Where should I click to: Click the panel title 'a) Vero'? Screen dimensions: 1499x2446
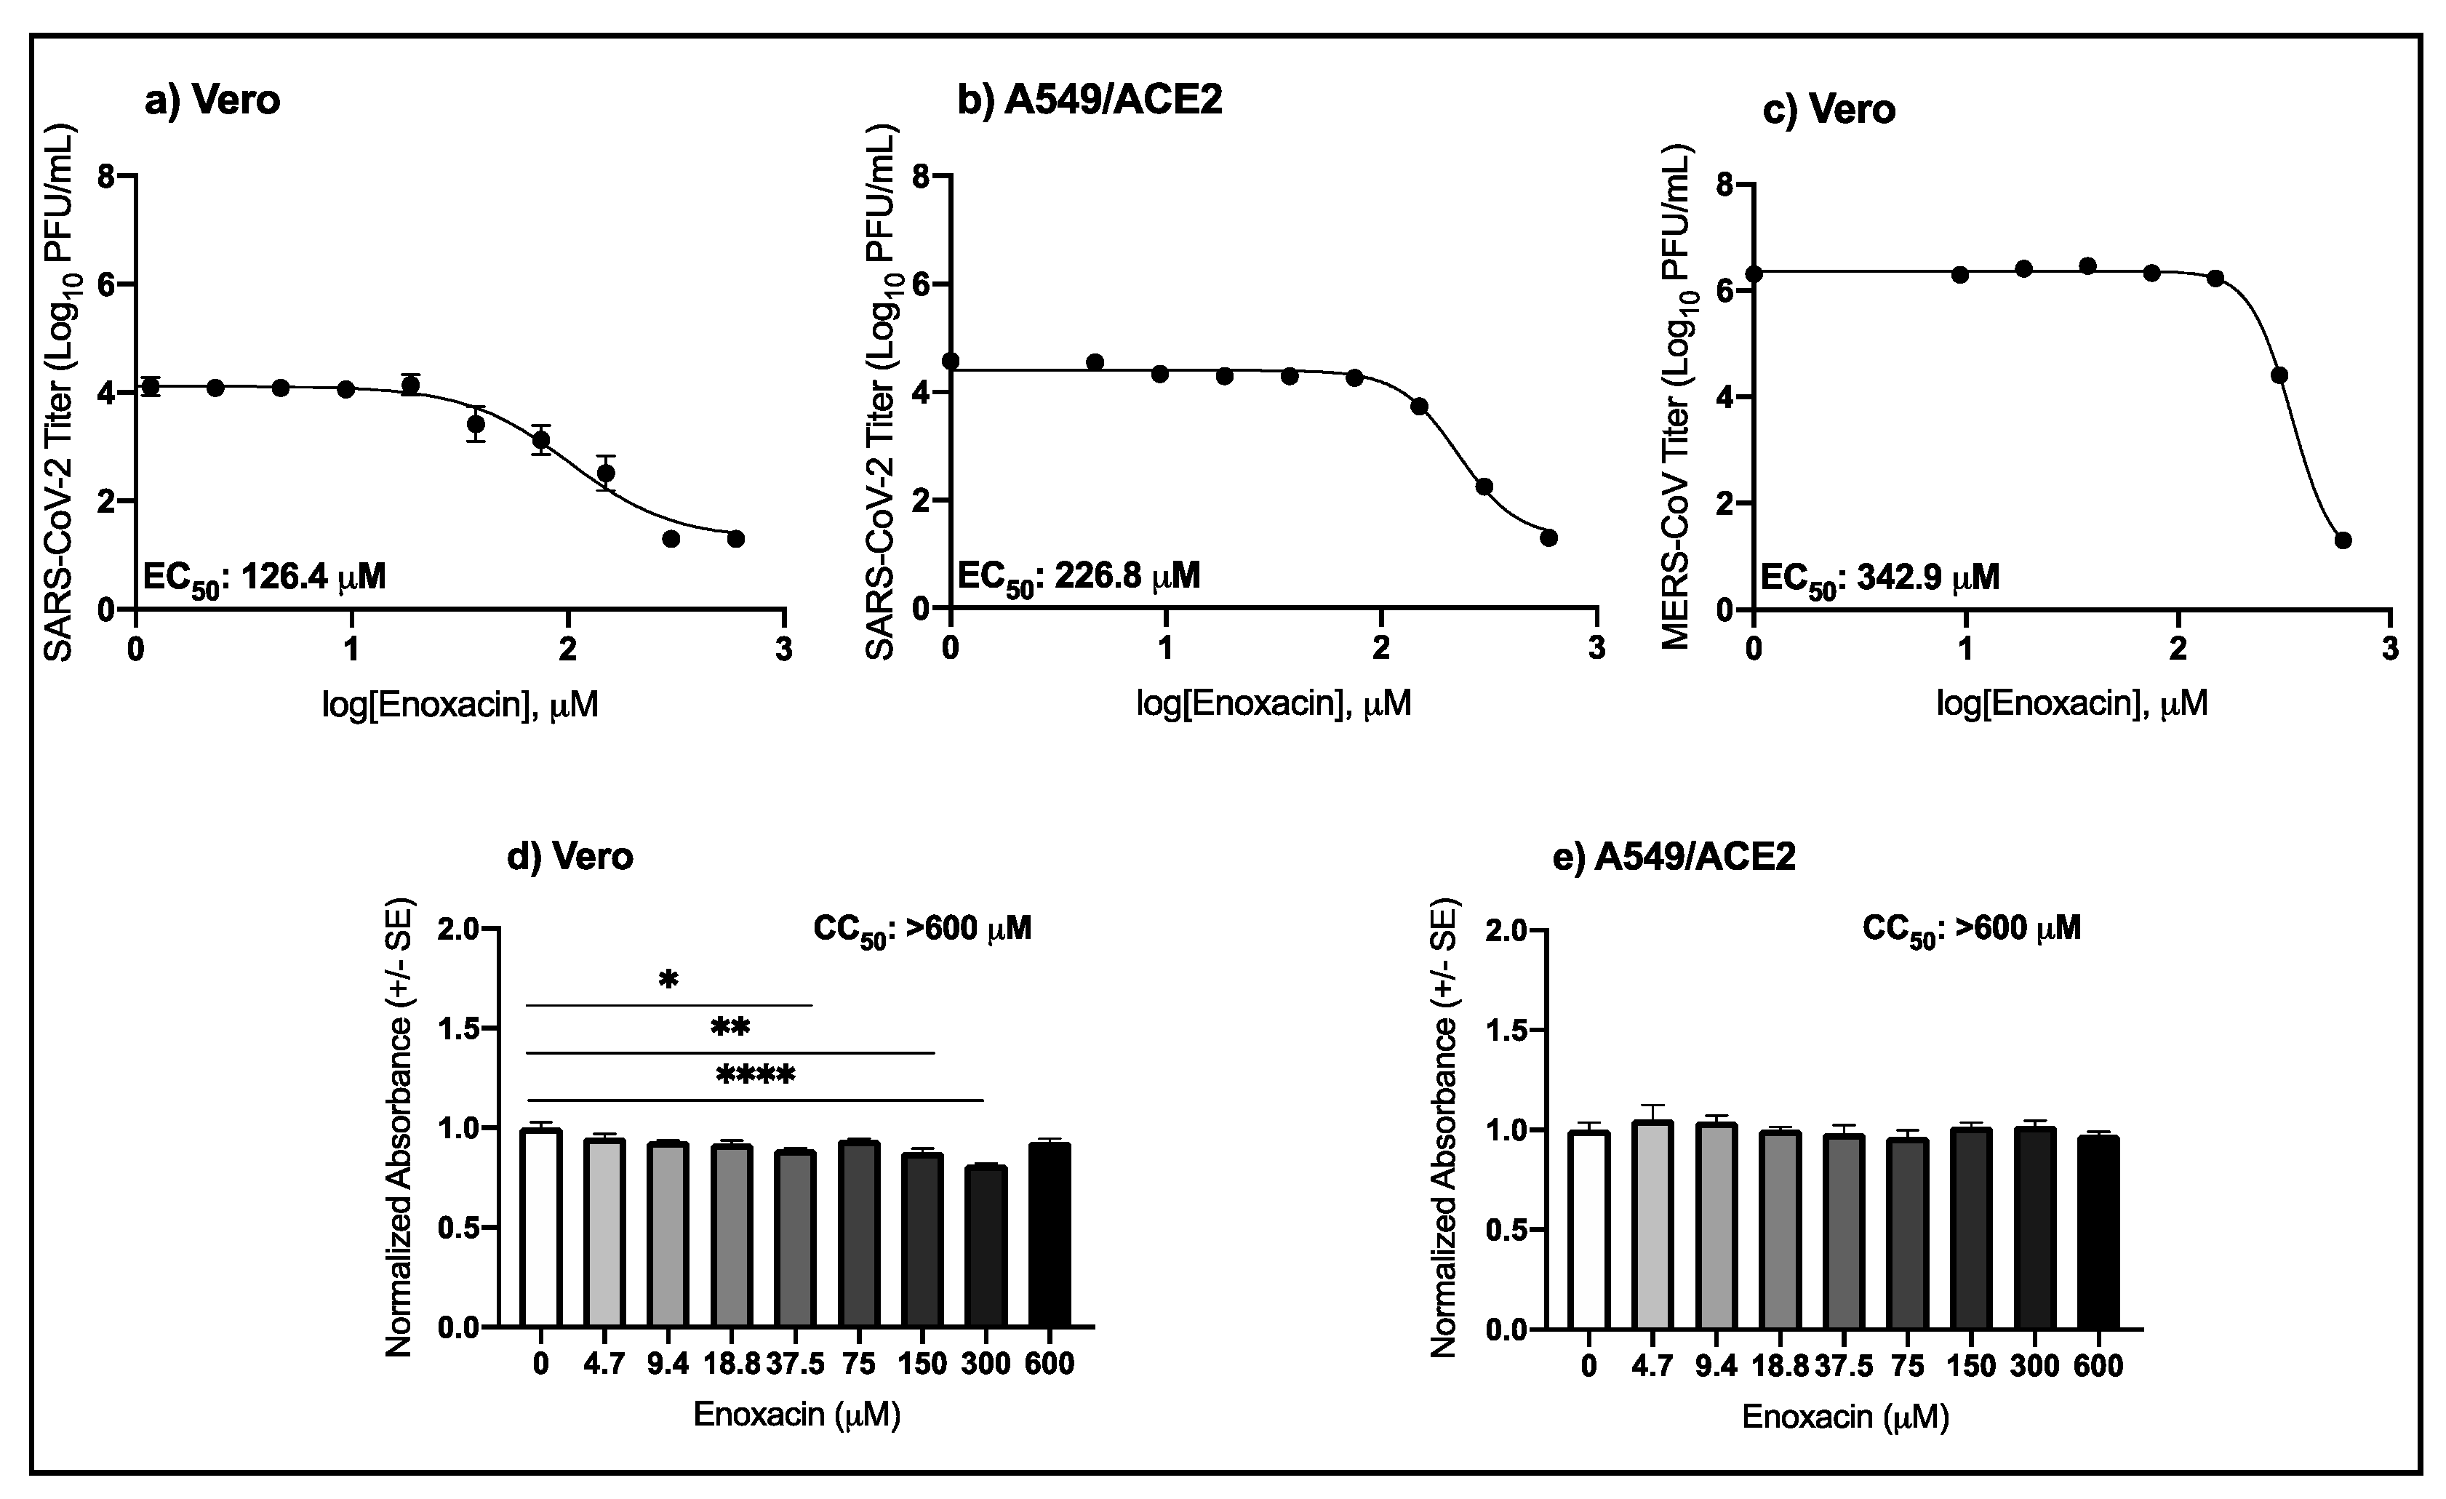click(212, 100)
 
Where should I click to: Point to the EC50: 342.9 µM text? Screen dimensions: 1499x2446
click(1879, 577)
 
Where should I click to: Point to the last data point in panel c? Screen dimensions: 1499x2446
click(2343, 540)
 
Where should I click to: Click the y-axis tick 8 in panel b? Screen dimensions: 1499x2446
click(922, 177)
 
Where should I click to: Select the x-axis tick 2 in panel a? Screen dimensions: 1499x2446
click(567, 650)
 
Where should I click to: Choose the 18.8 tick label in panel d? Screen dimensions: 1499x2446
click(732, 1364)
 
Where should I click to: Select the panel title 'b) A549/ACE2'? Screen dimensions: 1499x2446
click(1089, 100)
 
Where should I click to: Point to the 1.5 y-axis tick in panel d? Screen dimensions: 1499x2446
click(462, 1029)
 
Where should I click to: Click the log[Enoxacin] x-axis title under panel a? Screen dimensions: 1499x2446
click(460, 705)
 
